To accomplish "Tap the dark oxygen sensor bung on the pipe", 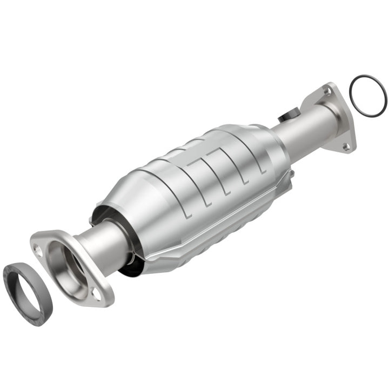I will [290, 115].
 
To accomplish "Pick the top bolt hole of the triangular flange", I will [327, 92].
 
